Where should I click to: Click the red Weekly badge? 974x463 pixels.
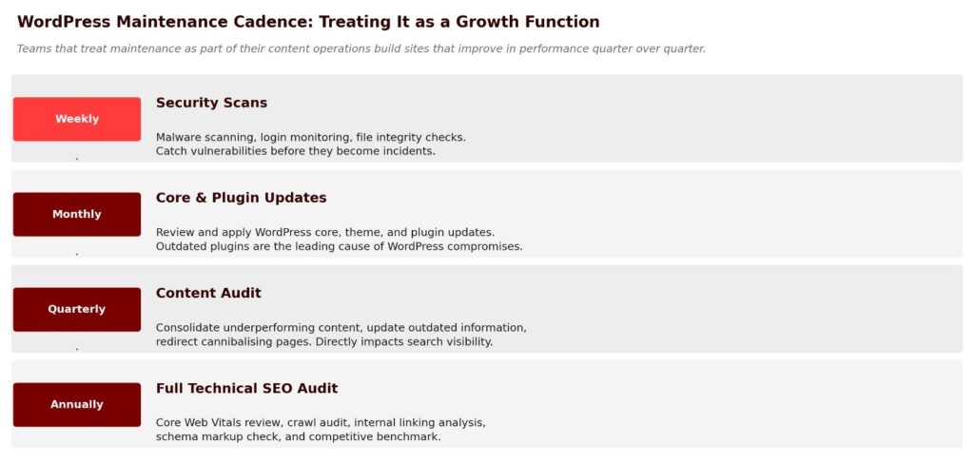[77, 119]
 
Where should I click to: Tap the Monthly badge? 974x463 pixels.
[77, 214]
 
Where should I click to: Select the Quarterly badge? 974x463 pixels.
[77, 309]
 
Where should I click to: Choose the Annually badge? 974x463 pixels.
[77, 405]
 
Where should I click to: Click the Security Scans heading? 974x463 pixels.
[211, 103]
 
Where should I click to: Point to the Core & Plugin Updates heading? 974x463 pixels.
[241, 198]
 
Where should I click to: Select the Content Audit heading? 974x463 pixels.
[208, 293]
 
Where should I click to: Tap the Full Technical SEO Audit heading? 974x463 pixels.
[246, 389]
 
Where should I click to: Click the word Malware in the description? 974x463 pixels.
[177, 137]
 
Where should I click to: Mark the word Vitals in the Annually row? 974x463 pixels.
[227, 423]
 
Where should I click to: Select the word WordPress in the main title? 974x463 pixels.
[65, 23]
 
